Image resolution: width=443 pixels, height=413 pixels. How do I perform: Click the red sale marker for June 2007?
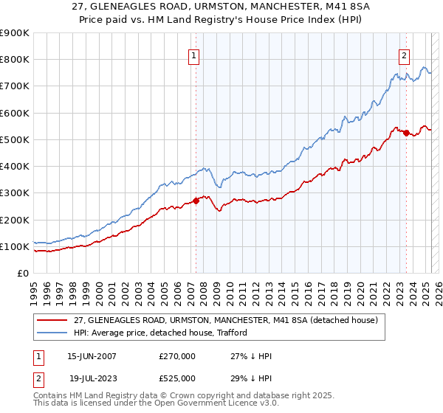click(196, 201)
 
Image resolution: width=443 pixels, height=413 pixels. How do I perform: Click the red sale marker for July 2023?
click(406, 133)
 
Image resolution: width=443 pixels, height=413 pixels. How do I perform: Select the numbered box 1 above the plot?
click(193, 55)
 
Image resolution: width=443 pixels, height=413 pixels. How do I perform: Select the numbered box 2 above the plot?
click(405, 55)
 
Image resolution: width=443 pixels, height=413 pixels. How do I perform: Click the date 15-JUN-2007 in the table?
click(92, 356)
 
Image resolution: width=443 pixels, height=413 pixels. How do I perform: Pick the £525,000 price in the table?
click(177, 378)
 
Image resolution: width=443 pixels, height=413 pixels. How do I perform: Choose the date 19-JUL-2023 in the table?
click(92, 378)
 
